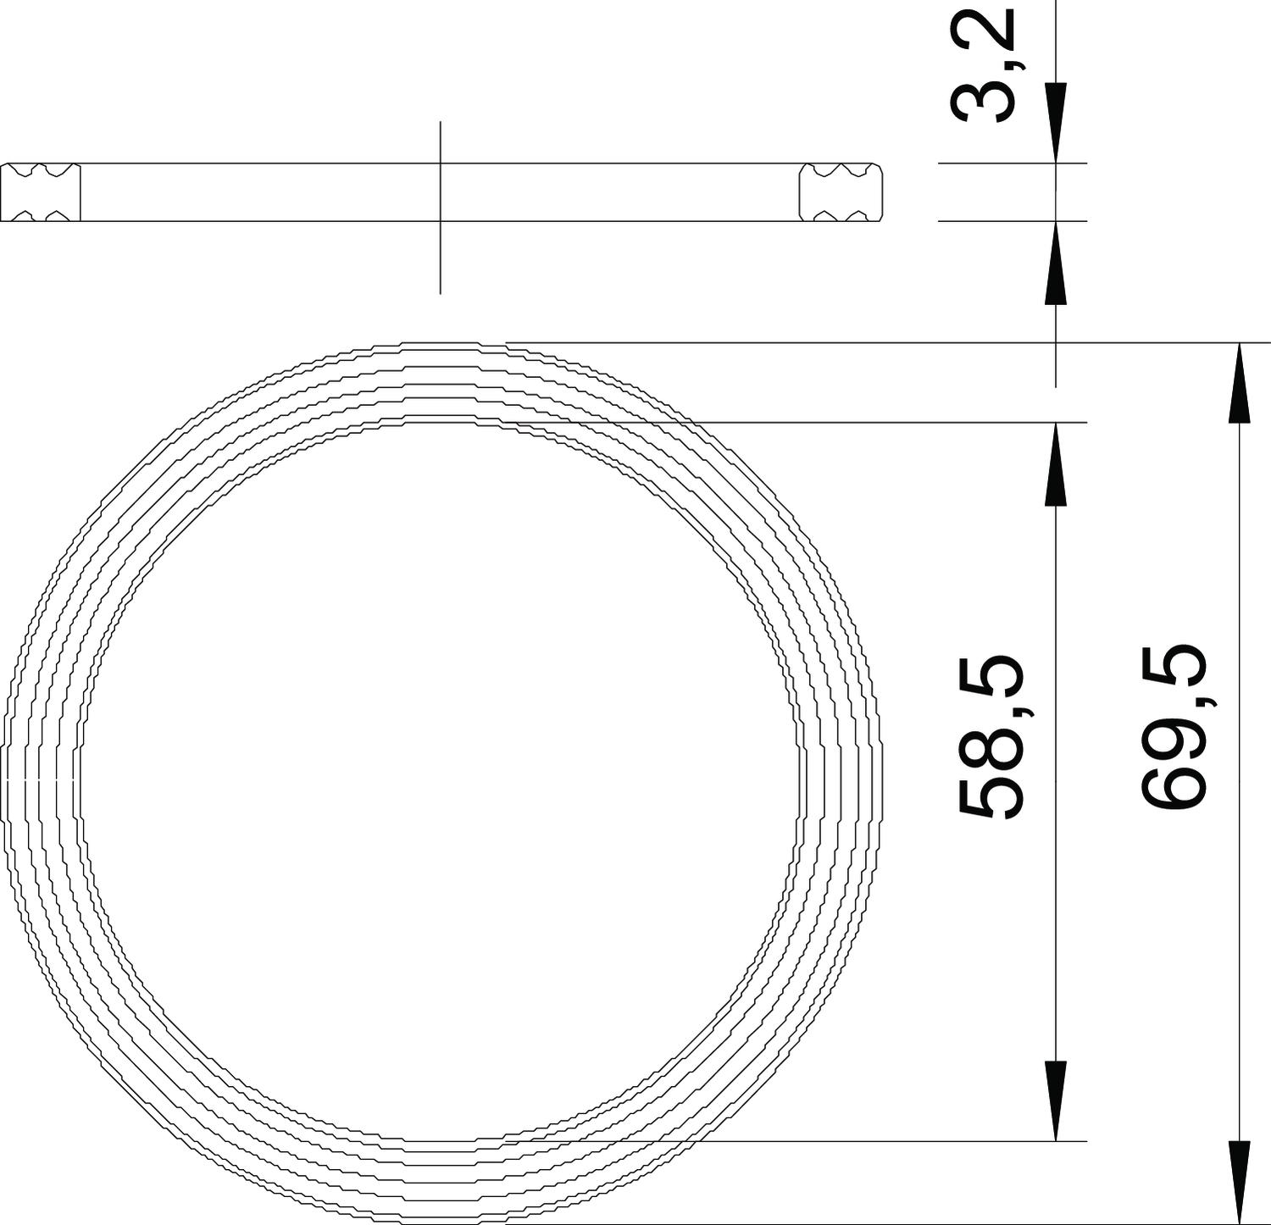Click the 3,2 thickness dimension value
tap(984, 64)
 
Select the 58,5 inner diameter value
tap(992, 735)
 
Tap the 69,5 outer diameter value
tap(1174, 727)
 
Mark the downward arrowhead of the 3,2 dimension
tap(1056, 123)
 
